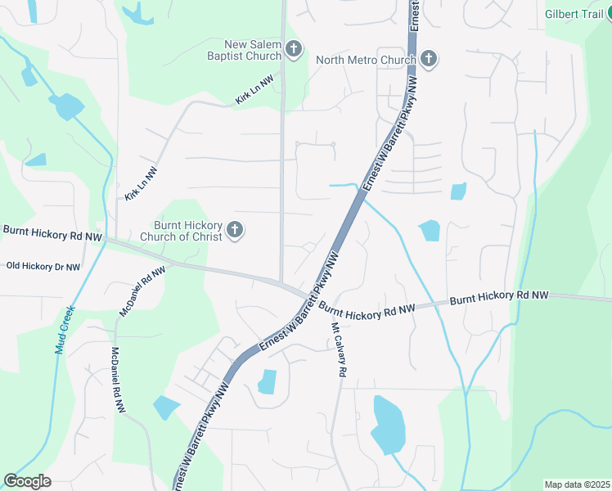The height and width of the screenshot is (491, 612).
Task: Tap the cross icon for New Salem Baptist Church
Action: [294, 51]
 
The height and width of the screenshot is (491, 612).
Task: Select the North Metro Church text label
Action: [366, 59]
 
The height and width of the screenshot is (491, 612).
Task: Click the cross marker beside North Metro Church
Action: [429, 59]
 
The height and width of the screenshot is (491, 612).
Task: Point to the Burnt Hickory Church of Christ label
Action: [187, 232]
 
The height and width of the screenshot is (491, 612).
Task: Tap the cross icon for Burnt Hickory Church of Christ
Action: [235, 231]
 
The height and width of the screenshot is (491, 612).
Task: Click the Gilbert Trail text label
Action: [575, 14]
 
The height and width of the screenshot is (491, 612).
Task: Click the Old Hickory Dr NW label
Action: [43, 267]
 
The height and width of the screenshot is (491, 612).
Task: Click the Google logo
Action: [27, 481]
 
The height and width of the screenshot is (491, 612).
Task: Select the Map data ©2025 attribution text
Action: [577, 484]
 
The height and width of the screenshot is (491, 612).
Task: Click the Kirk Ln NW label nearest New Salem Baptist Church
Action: [254, 92]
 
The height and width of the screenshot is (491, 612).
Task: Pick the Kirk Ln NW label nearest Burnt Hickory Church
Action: [141, 184]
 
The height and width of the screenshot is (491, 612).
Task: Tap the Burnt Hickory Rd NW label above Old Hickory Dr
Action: [52, 233]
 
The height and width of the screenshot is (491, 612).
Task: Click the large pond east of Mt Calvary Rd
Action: [387, 424]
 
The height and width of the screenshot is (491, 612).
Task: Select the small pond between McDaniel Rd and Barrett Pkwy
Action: [166, 407]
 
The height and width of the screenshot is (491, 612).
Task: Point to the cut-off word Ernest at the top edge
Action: [415, 15]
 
